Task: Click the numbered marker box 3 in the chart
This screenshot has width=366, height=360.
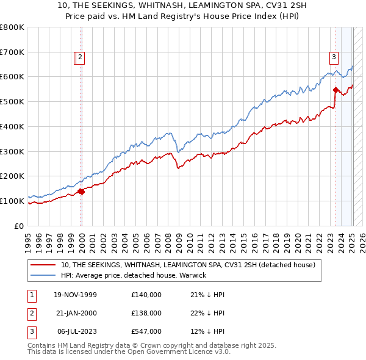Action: pyautogui.click(x=334, y=58)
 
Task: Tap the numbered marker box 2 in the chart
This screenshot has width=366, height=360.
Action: pyautogui.click(x=81, y=58)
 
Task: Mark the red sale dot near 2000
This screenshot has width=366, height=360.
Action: pyautogui.click(x=81, y=191)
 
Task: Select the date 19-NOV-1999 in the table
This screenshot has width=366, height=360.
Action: pyautogui.click(x=75, y=295)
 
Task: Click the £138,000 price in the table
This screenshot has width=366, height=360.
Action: pyautogui.click(x=146, y=313)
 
